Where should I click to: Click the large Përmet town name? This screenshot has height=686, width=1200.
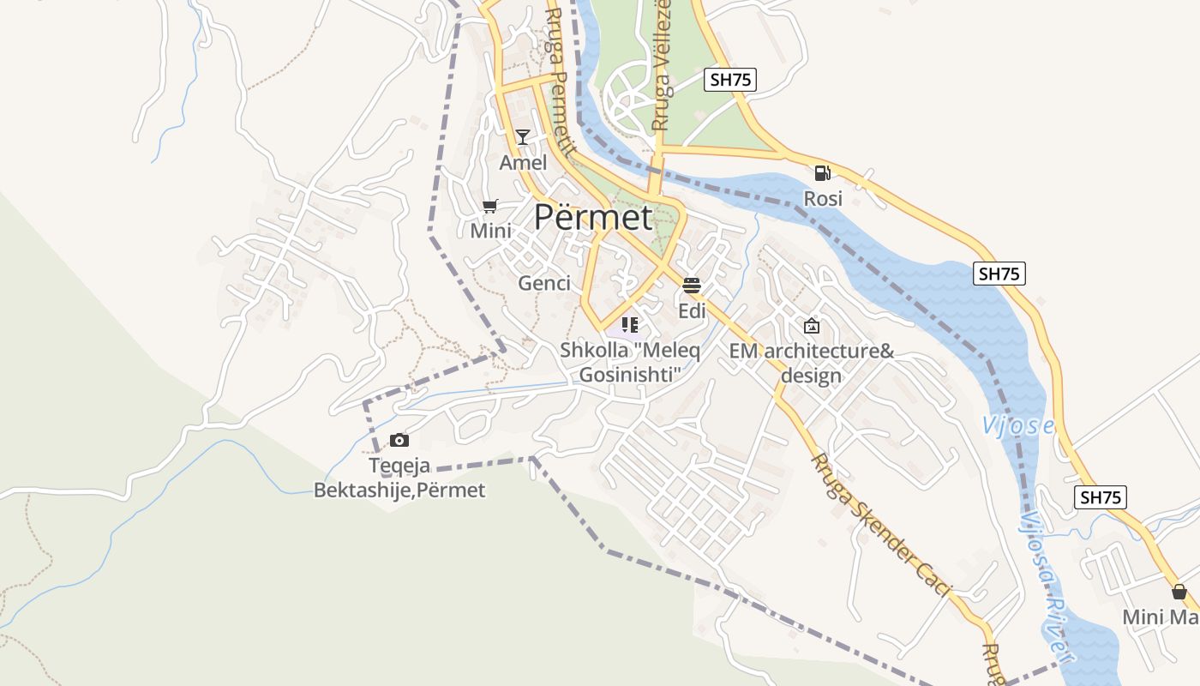[593, 217]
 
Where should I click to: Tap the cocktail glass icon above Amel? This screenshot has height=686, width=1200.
[523, 136]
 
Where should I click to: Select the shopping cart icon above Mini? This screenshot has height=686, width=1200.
[489, 206]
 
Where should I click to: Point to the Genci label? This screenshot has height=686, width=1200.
[544, 283]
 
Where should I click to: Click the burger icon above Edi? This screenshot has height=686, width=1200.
[692, 285]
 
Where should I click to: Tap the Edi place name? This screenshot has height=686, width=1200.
[692, 310]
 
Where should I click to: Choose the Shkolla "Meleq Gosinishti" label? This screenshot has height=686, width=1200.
[630, 363]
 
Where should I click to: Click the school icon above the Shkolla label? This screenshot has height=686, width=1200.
[630, 325]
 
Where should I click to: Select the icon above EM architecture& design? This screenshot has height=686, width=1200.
[811, 326]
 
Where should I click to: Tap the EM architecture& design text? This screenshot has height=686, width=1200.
[811, 364]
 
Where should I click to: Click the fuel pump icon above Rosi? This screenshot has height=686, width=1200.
[823, 173]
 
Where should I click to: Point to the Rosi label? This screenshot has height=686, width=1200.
[823, 199]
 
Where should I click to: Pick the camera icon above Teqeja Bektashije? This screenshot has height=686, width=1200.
[399, 441]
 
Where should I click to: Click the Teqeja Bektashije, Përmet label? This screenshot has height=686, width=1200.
[399, 478]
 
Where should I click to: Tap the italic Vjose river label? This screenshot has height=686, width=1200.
[1017, 425]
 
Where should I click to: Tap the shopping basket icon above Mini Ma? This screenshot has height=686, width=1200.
[1179, 592]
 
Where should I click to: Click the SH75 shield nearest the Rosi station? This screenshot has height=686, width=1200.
[730, 80]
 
